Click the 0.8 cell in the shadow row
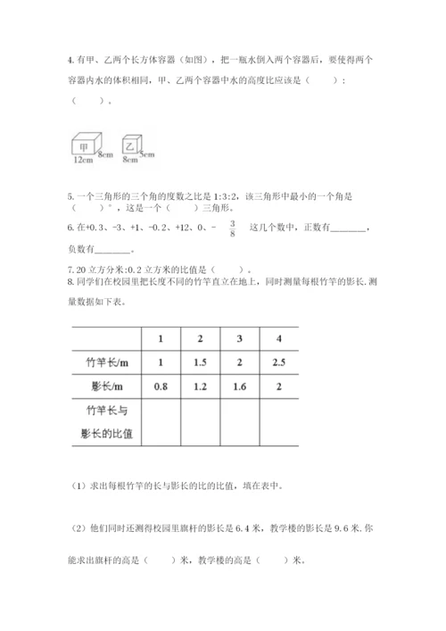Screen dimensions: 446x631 pos(161,388)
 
